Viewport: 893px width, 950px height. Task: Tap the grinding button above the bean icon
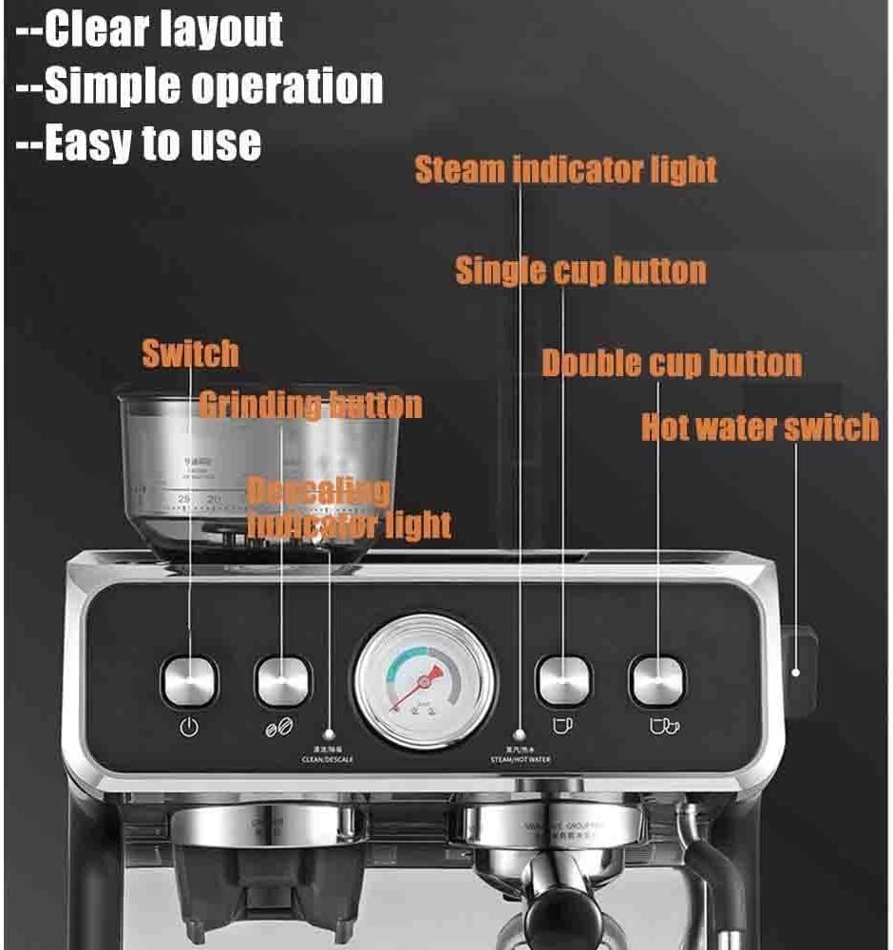coord(283,680)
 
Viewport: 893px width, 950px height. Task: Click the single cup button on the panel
coord(563,680)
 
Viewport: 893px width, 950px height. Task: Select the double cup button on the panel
coord(657,680)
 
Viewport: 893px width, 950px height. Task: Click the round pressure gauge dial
coord(425,680)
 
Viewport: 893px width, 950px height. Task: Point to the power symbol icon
coord(190,729)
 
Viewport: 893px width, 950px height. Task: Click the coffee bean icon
coord(280,729)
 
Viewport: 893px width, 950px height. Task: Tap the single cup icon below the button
coord(563,725)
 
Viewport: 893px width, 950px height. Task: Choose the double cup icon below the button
coord(663,726)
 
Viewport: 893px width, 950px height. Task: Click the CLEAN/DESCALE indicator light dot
coord(330,733)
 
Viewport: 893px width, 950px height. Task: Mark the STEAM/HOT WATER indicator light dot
coord(520,734)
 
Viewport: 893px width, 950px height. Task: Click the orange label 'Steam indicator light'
coord(566,170)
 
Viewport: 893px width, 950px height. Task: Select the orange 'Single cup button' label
coord(580,271)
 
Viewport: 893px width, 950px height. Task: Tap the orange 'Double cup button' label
coord(672,363)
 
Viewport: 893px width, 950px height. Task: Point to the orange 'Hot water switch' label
coord(760,427)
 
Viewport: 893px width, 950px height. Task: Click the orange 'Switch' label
coord(190,353)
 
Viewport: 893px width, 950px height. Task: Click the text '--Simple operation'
coord(199,86)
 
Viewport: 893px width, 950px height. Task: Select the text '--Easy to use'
coord(139,142)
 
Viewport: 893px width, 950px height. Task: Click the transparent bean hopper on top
coord(256,475)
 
